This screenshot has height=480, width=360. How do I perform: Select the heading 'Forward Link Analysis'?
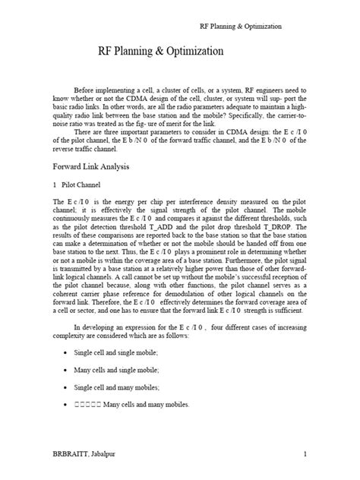(94, 166)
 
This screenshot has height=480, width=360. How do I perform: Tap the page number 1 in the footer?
(304, 454)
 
